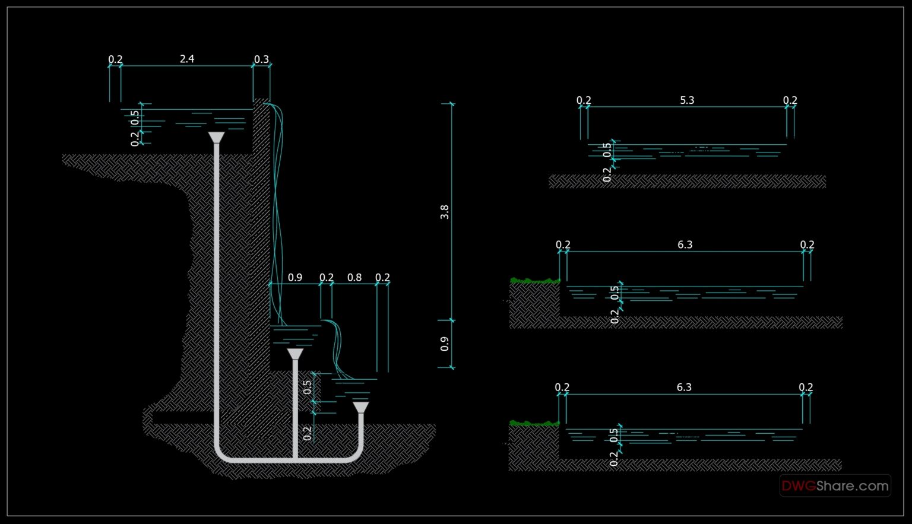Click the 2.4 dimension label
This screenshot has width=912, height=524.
click(x=187, y=59)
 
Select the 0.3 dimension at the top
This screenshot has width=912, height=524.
click(x=261, y=59)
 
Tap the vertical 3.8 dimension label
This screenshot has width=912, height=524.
click(x=445, y=212)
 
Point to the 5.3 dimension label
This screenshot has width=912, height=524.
click(x=687, y=100)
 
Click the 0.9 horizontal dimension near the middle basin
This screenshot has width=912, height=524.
click(x=295, y=278)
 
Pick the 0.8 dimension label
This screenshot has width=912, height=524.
click(x=354, y=278)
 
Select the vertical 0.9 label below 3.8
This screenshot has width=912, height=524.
click(x=445, y=344)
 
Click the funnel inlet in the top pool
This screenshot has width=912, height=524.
click(x=216, y=138)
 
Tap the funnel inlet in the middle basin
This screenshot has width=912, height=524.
click(x=295, y=354)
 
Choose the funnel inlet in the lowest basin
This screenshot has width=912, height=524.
click(x=360, y=408)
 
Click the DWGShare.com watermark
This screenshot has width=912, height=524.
click(x=835, y=486)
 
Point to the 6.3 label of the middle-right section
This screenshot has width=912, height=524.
click(x=685, y=244)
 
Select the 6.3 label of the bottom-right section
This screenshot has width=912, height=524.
click(x=684, y=388)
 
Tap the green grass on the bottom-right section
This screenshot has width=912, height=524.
click(x=534, y=423)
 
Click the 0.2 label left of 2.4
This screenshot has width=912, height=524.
click(x=115, y=59)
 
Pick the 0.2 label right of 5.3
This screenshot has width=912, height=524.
click(x=790, y=100)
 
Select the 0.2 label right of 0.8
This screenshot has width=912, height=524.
click(x=382, y=278)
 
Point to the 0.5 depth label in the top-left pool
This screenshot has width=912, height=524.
click(x=135, y=117)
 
